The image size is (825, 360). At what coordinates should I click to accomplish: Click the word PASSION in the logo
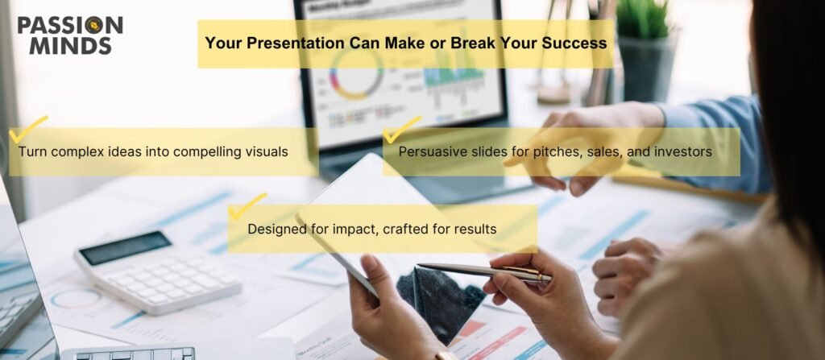point(70,25)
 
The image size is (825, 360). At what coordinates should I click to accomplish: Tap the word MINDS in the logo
point(71,46)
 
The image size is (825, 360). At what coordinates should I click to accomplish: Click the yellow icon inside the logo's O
point(95,25)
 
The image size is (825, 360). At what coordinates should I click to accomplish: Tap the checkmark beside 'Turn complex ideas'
point(28,129)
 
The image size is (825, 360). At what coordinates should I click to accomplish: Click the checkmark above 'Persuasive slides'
point(402,130)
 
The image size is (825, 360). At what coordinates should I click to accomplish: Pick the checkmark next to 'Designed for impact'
point(247,206)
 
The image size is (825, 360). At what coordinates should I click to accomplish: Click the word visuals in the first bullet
point(267,151)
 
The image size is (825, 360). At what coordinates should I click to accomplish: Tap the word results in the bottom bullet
point(477,230)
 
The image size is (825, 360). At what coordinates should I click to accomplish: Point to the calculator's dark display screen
point(125,248)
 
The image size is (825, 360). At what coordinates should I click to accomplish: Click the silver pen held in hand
point(484,272)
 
